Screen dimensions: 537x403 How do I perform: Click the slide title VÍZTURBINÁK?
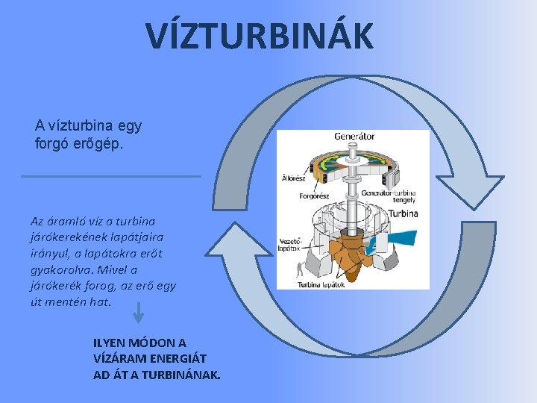(259, 37)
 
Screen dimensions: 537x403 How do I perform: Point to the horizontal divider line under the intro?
(111, 176)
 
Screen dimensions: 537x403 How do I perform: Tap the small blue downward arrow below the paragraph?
(138, 313)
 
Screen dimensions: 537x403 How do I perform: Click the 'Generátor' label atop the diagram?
(354, 137)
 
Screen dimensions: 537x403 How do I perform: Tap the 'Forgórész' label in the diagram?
(314, 196)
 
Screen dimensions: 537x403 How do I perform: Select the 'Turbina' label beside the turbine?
(403, 213)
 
